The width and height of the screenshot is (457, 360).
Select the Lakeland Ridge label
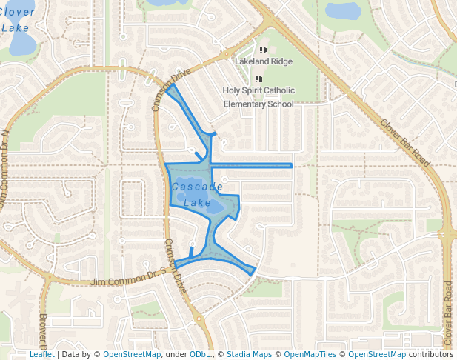[x=264, y=61]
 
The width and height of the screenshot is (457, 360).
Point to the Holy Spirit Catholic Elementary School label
[x=258, y=97]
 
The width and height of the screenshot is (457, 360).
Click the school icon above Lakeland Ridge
[x=263, y=50]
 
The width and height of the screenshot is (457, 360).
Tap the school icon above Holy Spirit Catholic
[x=258, y=79]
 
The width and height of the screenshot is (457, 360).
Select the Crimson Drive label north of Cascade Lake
[x=167, y=93]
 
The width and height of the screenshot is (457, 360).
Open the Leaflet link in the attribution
[x=41, y=354]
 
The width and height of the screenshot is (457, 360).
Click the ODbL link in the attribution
[x=199, y=354]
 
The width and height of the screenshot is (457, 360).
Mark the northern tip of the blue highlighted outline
[x=167, y=87]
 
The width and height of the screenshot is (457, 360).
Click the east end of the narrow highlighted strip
[x=291, y=165]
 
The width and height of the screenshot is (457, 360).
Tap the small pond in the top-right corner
[x=343, y=10]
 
